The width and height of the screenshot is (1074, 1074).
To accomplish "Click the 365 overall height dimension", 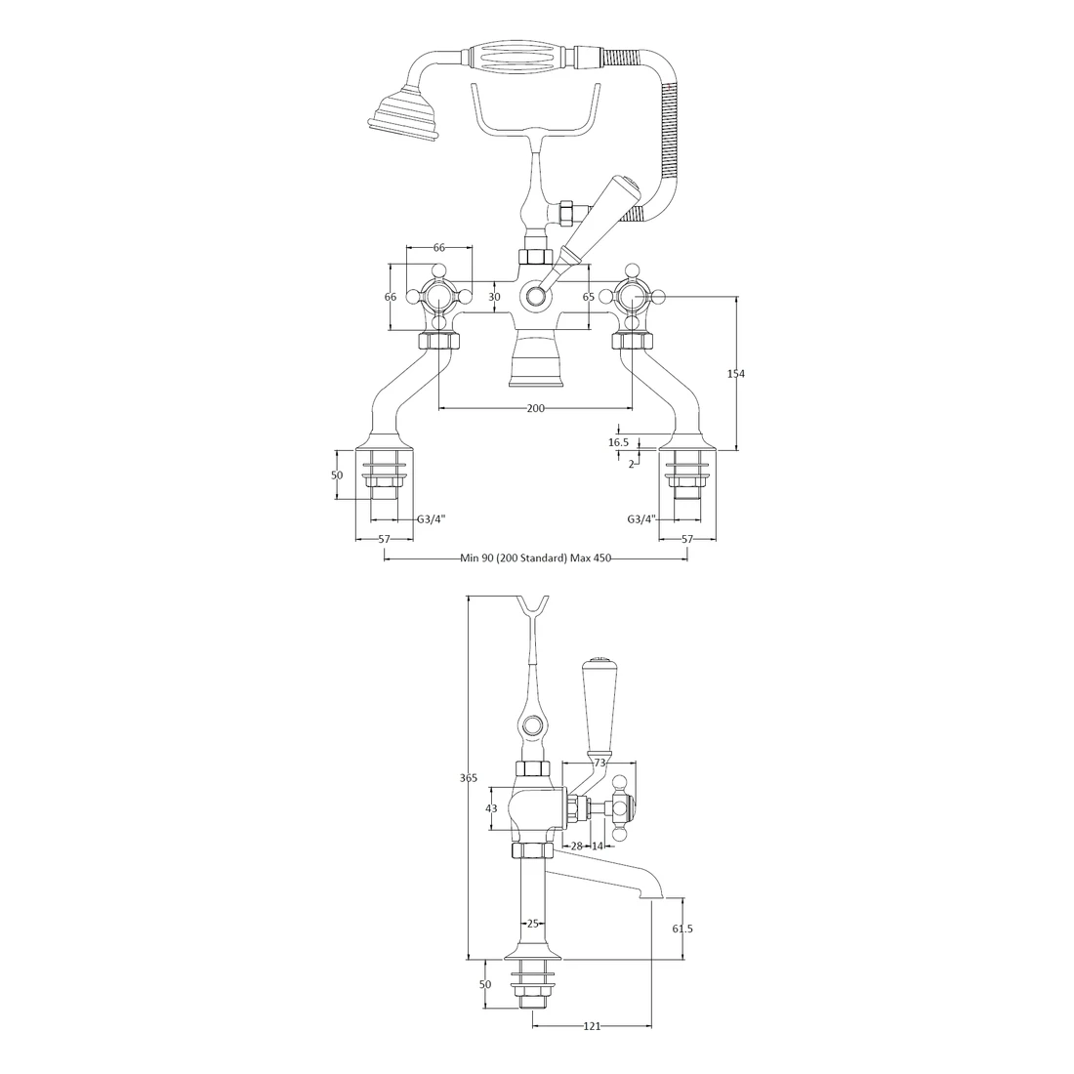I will click(x=468, y=778).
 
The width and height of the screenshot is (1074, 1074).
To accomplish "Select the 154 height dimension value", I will click(x=736, y=373).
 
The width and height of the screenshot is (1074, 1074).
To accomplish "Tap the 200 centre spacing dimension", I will click(x=535, y=408).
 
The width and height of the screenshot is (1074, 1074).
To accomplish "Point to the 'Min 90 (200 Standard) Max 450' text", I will click(x=535, y=558).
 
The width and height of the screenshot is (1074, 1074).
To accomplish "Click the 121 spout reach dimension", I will click(x=592, y=1026).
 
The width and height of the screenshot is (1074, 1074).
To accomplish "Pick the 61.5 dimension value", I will click(x=683, y=929).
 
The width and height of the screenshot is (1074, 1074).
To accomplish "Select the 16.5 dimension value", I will click(x=618, y=442).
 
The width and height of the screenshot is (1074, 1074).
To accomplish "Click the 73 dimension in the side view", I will click(x=600, y=762).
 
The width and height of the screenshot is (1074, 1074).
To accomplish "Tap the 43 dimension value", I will click(x=491, y=808).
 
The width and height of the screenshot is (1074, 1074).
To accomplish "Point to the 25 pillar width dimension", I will click(x=533, y=923).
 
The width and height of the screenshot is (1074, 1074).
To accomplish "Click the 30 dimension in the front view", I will click(x=494, y=297).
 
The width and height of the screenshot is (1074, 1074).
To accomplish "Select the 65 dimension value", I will click(x=589, y=297).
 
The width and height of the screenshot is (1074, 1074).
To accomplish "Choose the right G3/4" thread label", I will click(x=641, y=519).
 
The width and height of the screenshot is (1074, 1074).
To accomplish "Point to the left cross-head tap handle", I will click(x=438, y=296).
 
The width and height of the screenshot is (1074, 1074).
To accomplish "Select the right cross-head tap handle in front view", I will click(x=632, y=296).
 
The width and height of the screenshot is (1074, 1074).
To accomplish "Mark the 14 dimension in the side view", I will click(x=598, y=847).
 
